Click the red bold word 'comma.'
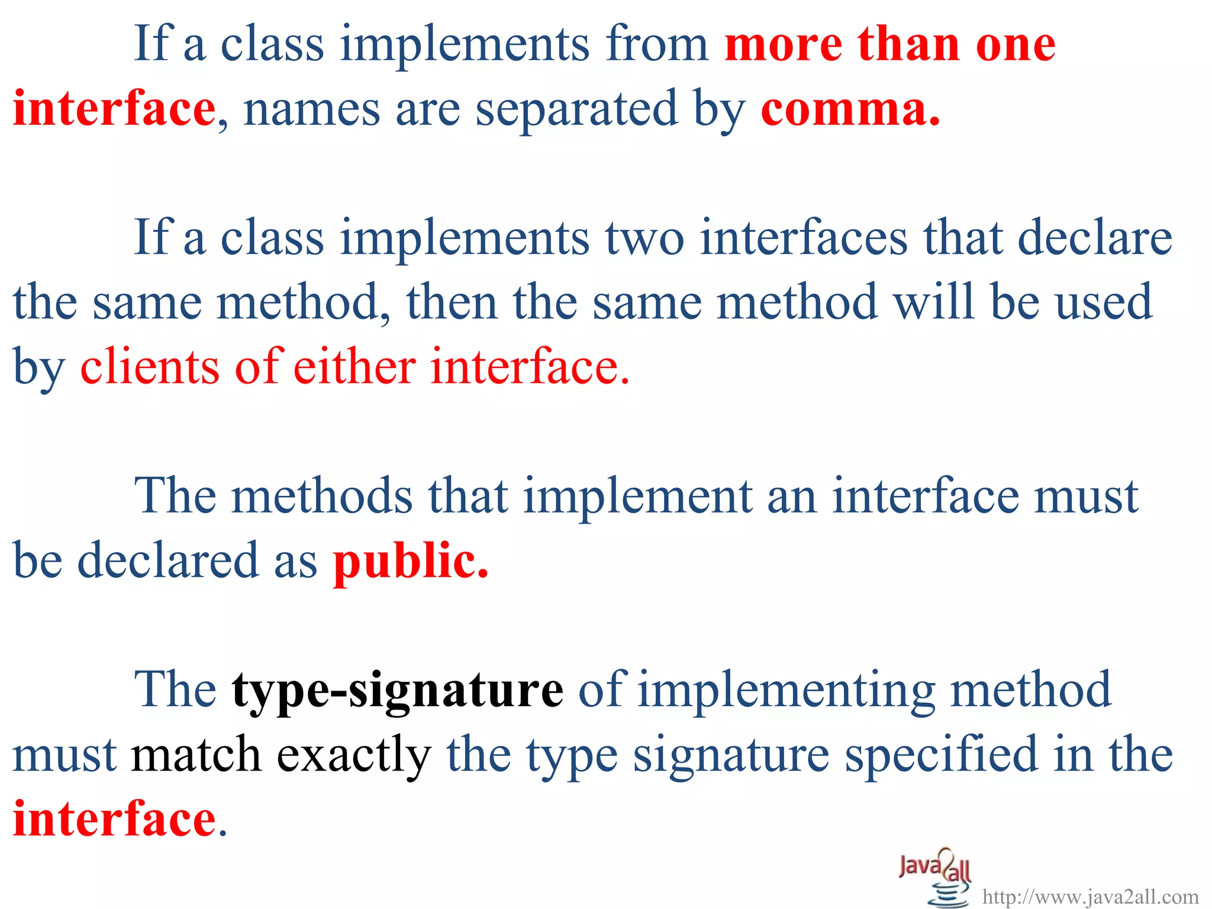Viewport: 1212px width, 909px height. [x=850, y=110]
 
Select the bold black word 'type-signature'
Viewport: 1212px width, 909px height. [x=397, y=690]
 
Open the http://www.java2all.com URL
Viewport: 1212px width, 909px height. [x=1090, y=897]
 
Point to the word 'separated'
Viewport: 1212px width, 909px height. [x=576, y=110]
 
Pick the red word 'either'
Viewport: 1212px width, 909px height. [x=354, y=367]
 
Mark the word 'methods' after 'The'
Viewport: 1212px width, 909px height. [x=322, y=496]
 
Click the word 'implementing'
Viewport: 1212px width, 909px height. [x=786, y=690]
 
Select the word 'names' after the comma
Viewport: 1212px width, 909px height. [x=311, y=110]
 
